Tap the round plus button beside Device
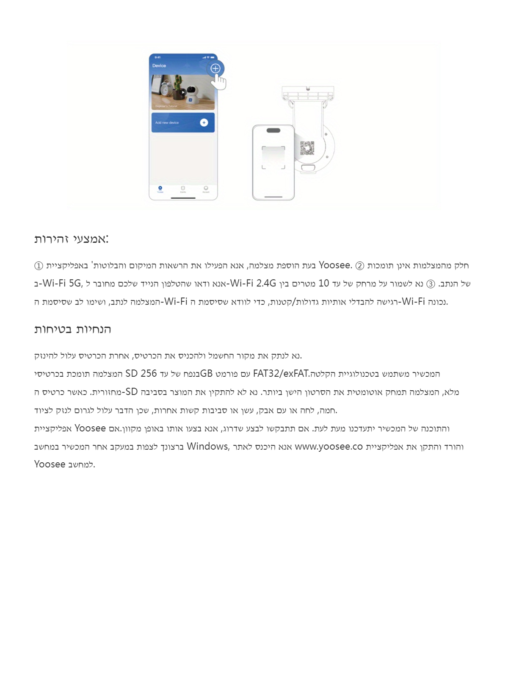pyautogui.click(x=215, y=68)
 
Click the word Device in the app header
pyautogui.click(x=159, y=66)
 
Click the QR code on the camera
pyautogui.click(x=307, y=148)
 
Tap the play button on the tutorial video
pyautogui.click(x=183, y=92)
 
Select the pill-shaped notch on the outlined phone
pyautogui.click(x=273, y=131)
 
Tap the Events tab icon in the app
pyautogui.click(x=183, y=189)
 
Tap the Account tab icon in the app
pyautogui.click(x=206, y=189)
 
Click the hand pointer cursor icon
pyautogui.click(x=218, y=82)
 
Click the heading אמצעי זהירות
pyautogui.click(x=71, y=239)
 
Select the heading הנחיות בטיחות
pyautogui.click(x=72, y=329)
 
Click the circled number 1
pyautogui.click(x=39, y=266)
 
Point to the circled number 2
pyautogui.click(x=359, y=266)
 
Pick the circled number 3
pyautogui.click(x=431, y=284)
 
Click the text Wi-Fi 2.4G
pyautogui.click(x=253, y=283)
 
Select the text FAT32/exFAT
pyautogui.click(x=281, y=374)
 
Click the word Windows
pyautogui.click(x=207, y=446)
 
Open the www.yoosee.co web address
pyautogui.click(x=329, y=447)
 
